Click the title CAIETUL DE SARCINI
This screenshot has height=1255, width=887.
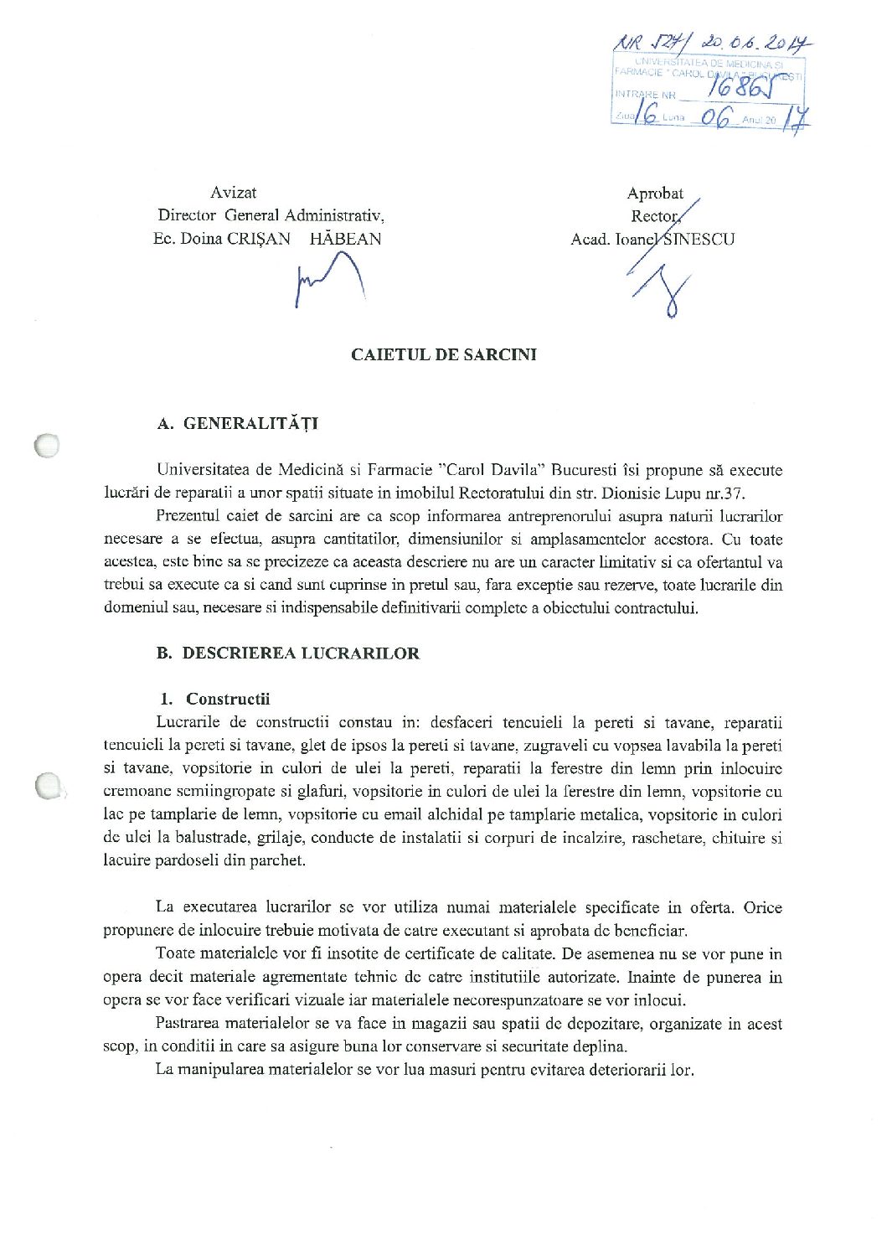(x=443, y=354)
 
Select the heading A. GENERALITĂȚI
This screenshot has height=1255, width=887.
(x=238, y=424)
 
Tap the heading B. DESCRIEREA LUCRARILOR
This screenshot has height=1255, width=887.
(x=288, y=653)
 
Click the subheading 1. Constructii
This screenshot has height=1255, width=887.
(x=215, y=699)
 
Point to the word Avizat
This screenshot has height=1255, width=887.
(x=233, y=193)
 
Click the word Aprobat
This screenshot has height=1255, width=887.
(x=654, y=194)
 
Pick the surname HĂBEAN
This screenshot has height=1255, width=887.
(x=345, y=239)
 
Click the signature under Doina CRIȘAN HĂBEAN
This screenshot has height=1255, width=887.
(x=329, y=281)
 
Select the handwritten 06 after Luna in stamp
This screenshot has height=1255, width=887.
(x=716, y=118)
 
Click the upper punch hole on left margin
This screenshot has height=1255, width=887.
(x=47, y=446)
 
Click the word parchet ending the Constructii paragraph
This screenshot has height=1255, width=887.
(x=278, y=860)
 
